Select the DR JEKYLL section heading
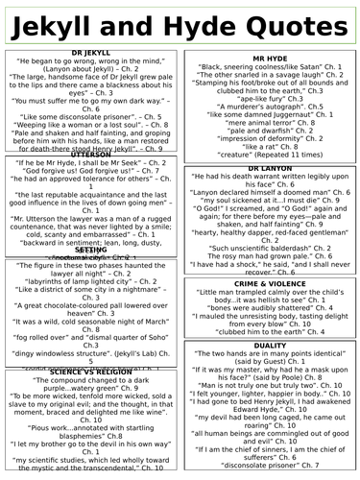(92, 48)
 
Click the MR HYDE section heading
(269, 58)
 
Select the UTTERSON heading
(92, 154)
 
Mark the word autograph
(294, 104)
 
